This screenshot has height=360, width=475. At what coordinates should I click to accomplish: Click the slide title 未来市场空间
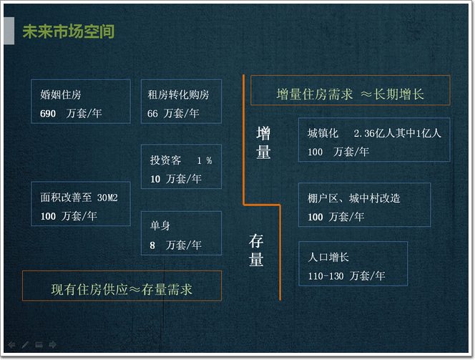click(69, 31)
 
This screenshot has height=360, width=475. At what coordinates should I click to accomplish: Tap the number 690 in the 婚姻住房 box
click(48, 114)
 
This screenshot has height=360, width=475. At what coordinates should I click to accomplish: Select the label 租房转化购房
click(178, 95)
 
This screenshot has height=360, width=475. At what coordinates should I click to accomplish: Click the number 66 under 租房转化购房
click(152, 114)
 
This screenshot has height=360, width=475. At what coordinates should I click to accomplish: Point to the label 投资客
click(165, 160)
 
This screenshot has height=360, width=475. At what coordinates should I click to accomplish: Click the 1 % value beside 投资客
click(205, 160)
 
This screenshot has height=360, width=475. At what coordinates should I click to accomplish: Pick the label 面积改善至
click(66, 198)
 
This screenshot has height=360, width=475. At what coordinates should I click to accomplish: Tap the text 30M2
click(107, 198)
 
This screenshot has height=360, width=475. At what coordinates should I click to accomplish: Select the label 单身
click(160, 225)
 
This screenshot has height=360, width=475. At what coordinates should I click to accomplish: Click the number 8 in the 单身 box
click(152, 245)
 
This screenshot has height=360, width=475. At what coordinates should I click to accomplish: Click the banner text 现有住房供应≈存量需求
click(122, 289)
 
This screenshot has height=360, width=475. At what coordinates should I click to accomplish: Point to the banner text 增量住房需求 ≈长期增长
click(350, 94)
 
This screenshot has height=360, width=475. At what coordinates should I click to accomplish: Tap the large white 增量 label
click(263, 143)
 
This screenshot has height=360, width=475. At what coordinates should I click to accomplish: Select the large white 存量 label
click(256, 250)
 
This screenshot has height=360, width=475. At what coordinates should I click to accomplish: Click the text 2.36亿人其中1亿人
click(398, 133)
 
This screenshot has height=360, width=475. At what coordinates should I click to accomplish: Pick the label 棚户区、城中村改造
click(354, 198)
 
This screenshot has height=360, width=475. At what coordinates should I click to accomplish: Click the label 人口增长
click(328, 257)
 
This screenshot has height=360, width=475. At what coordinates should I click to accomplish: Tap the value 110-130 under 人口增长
click(326, 276)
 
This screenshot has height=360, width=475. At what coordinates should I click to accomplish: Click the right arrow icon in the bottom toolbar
click(52, 344)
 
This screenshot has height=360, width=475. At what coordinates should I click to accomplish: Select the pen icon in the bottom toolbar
click(25, 344)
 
